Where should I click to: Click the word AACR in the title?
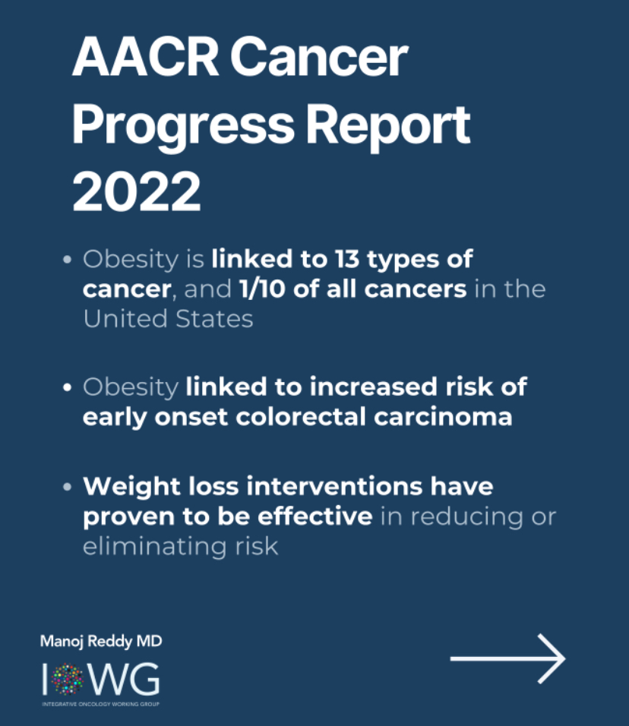145,57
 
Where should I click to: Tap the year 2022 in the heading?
137,191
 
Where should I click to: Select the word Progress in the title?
183,126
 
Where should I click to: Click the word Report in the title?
388,125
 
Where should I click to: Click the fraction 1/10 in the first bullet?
261,289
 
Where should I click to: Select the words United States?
168,318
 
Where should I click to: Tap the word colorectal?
301,416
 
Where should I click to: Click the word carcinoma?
443,417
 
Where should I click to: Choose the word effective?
315,516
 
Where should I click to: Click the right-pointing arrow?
507,658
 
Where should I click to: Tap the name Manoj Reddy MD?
101,641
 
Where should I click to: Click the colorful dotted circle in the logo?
68,679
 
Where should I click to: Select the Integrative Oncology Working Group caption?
100,704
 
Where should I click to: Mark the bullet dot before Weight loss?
68,487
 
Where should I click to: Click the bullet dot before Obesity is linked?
68,259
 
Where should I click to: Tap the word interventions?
334,486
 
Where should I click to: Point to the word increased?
373,387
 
